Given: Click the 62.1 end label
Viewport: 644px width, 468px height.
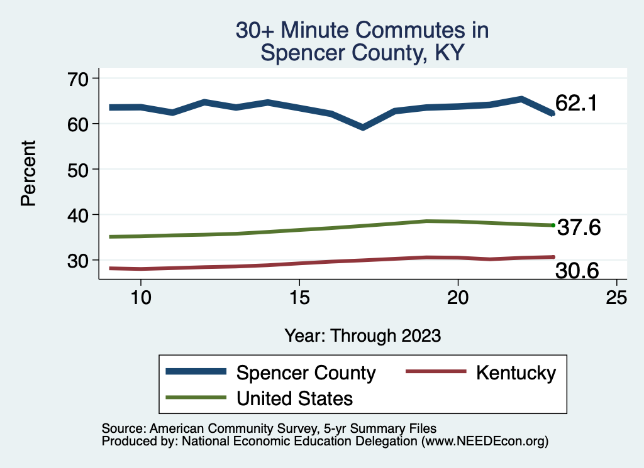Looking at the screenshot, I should pyautogui.click(x=575, y=104).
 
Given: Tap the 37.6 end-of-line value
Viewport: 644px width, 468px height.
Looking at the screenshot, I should pyautogui.click(x=579, y=228).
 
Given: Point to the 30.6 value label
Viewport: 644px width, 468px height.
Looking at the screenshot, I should pyautogui.click(x=577, y=271).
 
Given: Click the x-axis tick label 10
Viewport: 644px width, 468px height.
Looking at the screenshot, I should pyautogui.click(x=141, y=298).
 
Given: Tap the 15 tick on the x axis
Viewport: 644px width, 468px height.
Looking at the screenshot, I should pyautogui.click(x=299, y=298).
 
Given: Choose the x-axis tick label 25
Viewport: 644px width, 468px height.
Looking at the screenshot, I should pyautogui.click(x=616, y=298).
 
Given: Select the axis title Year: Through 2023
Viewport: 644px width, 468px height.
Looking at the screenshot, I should pyautogui.click(x=362, y=335).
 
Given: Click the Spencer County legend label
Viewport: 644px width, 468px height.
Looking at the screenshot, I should pyautogui.click(x=306, y=373).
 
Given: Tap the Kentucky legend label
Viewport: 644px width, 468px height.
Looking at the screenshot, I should pyautogui.click(x=516, y=373).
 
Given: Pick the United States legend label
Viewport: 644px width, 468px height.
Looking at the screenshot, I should pyautogui.click(x=294, y=398).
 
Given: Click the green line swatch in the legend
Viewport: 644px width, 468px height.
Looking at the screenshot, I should pyautogui.click(x=195, y=397).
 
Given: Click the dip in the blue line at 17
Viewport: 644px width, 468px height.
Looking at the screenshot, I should pyautogui.click(x=363, y=128).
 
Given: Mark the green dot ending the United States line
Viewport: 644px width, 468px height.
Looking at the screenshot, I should pyautogui.click(x=553, y=225).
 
